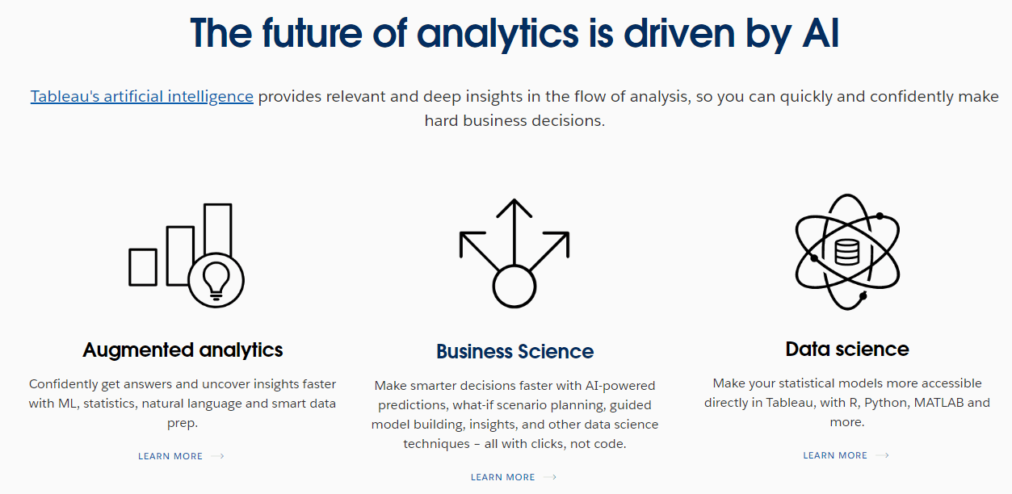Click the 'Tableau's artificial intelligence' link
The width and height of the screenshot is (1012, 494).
[142, 97]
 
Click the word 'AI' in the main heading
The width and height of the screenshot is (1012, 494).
[821, 33]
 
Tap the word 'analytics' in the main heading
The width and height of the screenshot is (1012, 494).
[498, 34]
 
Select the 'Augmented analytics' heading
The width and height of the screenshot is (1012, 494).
[183, 350]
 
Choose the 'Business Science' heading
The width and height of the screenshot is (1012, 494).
[515, 351]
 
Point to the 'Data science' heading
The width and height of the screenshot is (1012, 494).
[847, 349]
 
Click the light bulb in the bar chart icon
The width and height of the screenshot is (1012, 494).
[216, 281]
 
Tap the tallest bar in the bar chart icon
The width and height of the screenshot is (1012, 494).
[218, 229]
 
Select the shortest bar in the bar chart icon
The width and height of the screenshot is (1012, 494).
[143, 267]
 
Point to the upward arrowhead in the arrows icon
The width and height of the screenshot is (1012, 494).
[514, 207]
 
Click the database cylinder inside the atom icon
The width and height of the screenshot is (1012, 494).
[846, 252]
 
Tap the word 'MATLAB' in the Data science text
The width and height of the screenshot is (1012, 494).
[939, 402]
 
